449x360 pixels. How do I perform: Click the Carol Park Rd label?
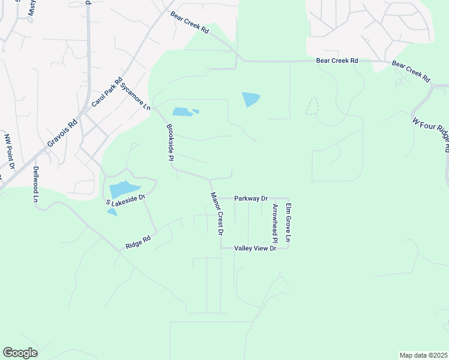[x=107, y=92]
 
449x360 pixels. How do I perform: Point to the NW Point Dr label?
[x=8, y=151]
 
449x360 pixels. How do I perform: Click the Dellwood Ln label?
[x=36, y=184]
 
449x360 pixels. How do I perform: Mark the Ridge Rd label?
[x=137, y=242]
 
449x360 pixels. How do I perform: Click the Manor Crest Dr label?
[x=217, y=214]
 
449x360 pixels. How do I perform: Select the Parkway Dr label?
[x=251, y=198]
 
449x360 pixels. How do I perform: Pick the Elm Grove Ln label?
[x=288, y=223]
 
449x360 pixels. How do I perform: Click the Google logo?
[x=20, y=353]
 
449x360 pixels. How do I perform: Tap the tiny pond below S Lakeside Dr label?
[x=112, y=212]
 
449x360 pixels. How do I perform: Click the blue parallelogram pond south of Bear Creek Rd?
[x=251, y=100]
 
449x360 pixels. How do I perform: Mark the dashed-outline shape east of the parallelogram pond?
[x=312, y=106]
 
